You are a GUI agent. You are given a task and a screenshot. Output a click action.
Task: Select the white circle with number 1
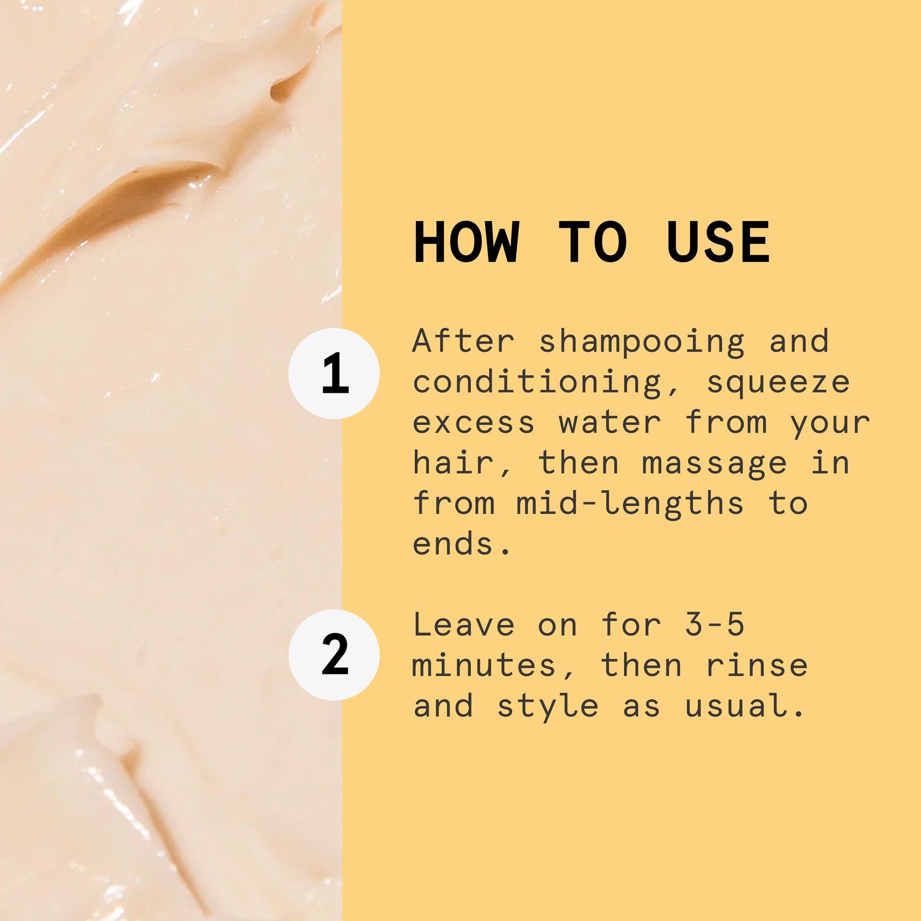pyautogui.click(x=334, y=373)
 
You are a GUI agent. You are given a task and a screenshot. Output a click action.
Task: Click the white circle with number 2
pyautogui.click(x=334, y=655)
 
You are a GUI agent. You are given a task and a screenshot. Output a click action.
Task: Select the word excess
pyautogui.click(x=473, y=423)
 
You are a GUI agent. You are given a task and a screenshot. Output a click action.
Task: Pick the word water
pyautogui.click(x=611, y=422)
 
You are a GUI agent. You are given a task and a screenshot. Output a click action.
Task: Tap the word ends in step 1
pyautogui.click(x=453, y=543)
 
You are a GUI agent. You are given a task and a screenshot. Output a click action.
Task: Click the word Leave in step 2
pyautogui.click(x=464, y=624)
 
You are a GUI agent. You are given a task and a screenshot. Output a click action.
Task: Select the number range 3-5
pyautogui.click(x=715, y=624)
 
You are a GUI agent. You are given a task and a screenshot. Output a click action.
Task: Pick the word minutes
pyautogui.click(x=484, y=665)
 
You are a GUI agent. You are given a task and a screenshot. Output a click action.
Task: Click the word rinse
pyautogui.click(x=757, y=665)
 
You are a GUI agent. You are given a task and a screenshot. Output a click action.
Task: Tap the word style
pyautogui.click(x=548, y=707)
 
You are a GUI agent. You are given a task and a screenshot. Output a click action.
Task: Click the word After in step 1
pyautogui.click(x=464, y=341)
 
